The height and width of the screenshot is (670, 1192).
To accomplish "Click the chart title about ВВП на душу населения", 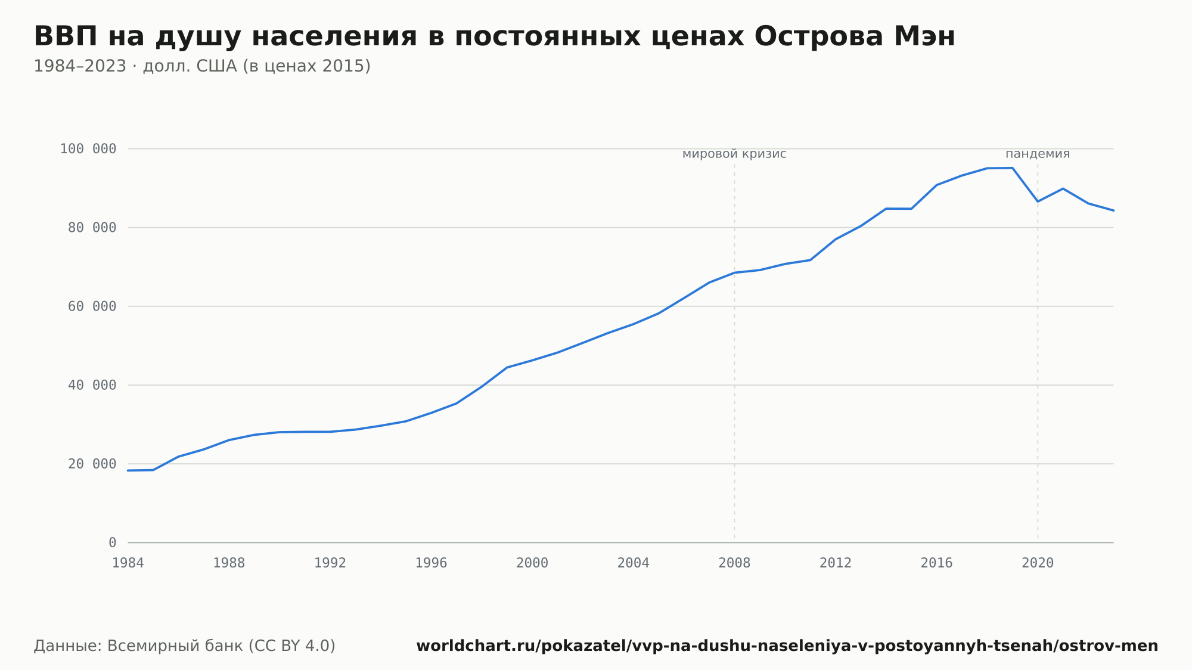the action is point(494,37).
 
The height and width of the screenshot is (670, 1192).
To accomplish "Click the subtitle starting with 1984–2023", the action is point(202,66).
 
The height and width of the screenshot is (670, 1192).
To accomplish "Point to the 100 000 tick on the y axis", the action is point(88,149).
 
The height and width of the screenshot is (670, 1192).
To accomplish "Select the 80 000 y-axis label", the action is point(92,228).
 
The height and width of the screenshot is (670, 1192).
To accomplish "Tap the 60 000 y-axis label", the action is point(92,306).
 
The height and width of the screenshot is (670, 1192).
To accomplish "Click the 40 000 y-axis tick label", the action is point(92,385).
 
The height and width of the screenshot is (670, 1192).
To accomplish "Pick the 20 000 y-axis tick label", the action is point(92,464).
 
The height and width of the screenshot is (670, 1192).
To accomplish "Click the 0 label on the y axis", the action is point(113,542).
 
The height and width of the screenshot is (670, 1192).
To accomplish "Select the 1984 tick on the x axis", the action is point(128,563).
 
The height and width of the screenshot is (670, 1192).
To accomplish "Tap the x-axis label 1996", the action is point(432,563).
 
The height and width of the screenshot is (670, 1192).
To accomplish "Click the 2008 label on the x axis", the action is point(734,563).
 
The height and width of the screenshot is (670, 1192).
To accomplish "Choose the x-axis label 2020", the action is point(1038,563).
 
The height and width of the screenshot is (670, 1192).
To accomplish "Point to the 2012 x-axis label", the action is point(836,563).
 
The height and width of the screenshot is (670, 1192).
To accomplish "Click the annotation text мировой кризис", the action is point(734,154).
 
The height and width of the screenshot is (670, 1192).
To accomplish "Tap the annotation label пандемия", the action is point(1038,154).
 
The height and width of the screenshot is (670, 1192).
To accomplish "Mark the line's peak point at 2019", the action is point(1013,167).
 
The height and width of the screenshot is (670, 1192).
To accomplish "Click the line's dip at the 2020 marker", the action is point(1038,201).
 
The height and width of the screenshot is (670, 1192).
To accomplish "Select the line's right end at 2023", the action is point(1113,210).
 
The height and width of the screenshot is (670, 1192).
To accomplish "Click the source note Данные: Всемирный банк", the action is point(185,646).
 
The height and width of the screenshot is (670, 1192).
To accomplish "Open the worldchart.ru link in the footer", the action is point(787,646).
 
